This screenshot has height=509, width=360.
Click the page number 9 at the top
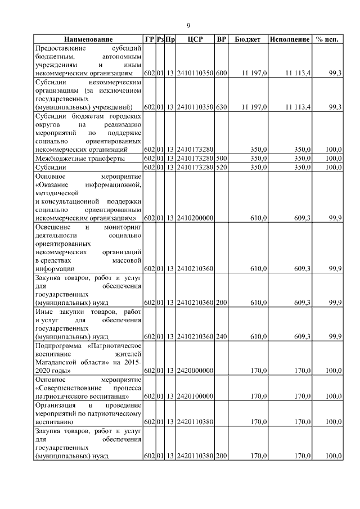pyautogui.click(x=188, y=25)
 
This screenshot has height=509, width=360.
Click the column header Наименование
pyautogui.click(x=88, y=39)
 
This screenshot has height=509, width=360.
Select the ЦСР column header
pyautogui.click(x=195, y=39)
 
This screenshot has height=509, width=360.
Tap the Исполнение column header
pyautogui.click(x=290, y=39)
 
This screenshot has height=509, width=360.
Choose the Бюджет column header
pyautogui.click(x=247, y=39)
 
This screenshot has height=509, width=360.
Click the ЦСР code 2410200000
pyautogui.click(x=195, y=218)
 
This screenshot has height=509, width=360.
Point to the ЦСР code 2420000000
pyautogui.click(x=195, y=371)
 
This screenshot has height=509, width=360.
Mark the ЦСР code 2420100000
pyautogui.click(x=195, y=396)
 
